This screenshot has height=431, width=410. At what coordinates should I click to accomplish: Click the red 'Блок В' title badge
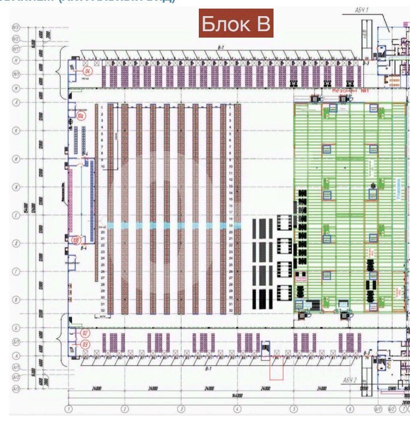pos(236,23)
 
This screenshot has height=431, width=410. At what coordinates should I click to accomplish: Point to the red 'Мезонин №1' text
pos(353,91)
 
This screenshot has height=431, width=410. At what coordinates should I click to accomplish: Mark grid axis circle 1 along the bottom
pos(69,409)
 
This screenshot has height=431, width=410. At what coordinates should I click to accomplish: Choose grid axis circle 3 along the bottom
pos(181,409)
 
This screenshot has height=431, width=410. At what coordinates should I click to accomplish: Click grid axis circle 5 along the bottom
pos(294,409)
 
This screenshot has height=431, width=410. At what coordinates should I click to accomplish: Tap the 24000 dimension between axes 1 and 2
pos(97,387)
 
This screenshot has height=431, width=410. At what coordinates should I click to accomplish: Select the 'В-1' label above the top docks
pos(220,48)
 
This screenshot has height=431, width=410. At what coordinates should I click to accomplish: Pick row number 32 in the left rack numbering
pos(102,311)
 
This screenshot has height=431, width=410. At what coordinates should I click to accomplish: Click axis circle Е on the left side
pos(16,214)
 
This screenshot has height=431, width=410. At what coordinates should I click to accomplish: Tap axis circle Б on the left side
pos(16,327)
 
